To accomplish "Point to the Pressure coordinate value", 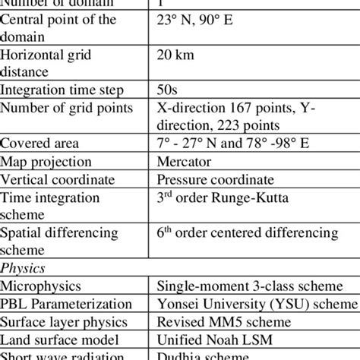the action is tap(215, 179).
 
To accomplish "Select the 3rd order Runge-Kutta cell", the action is tap(213, 197).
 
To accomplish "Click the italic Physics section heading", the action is tap(22, 268).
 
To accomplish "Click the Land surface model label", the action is tap(58, 340).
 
